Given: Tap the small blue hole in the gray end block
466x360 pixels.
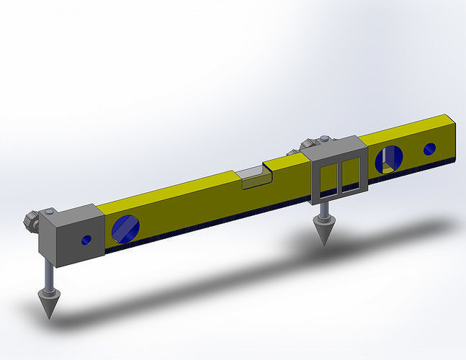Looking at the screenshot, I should point(86,239).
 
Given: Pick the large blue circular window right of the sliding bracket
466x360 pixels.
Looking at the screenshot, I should point(391,158).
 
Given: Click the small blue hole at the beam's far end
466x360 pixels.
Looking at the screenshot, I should point(429,148).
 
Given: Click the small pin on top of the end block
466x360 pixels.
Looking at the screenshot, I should point(49,212).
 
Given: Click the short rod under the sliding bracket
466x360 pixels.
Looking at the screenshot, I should point(323,210).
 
